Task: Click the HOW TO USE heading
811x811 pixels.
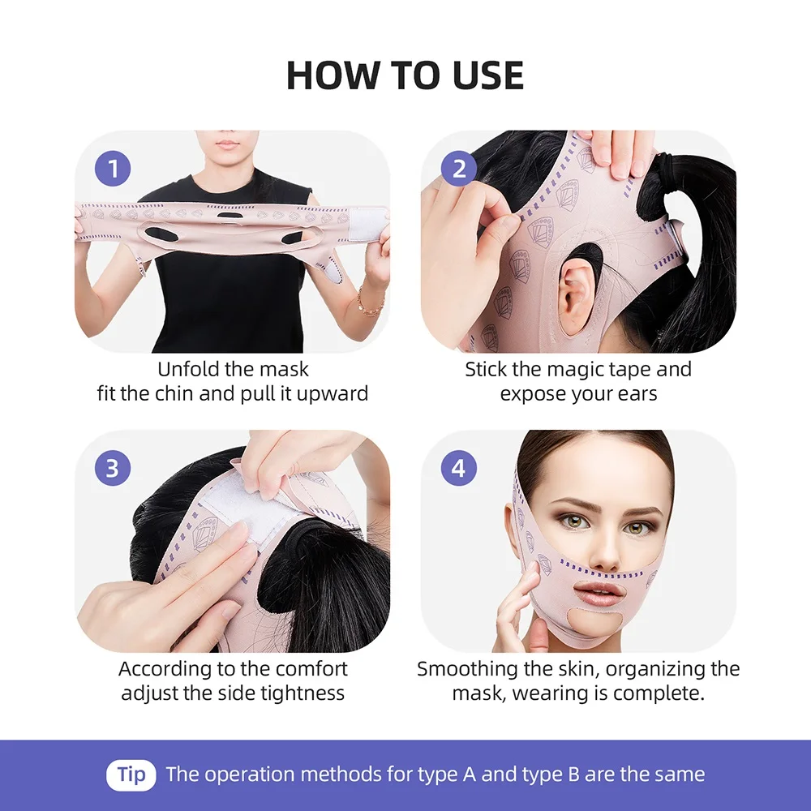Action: [x=405, y=75]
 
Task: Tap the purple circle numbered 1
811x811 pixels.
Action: [x=113, y=169]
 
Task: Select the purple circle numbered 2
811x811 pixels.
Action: [x=459, y=169]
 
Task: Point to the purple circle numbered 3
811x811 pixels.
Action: [x=113, y=468]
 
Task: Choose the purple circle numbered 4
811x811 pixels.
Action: [x=459, y=468]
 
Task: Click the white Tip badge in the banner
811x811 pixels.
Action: [x=131, y=774]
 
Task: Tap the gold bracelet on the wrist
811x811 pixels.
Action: [x=371, y=307]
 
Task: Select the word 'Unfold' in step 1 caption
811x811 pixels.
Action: [x=189, y=370]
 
